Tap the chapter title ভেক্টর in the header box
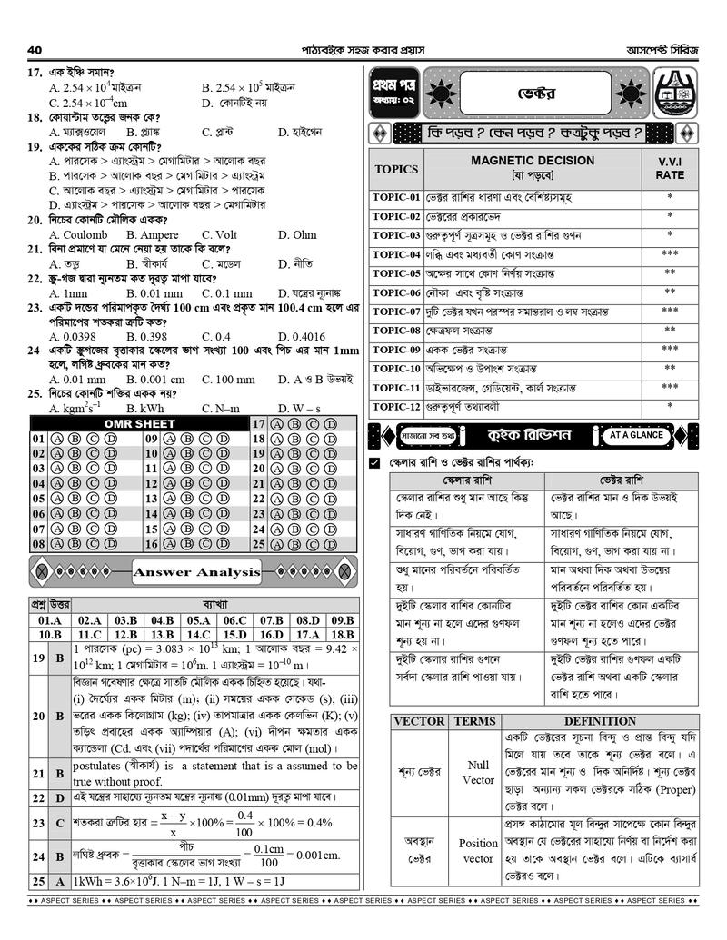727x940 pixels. click(536, 94)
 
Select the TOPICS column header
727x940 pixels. click(396, 169)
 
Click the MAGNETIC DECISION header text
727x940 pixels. click(533, 161)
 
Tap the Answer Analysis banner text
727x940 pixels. click(197, 572)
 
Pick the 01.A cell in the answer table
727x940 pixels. click(50, 620)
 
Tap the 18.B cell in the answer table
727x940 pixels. click(342, 635)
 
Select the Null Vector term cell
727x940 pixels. click(478, 772)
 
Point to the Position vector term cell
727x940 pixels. click(478, 850)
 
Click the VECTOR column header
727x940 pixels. click(419, 721)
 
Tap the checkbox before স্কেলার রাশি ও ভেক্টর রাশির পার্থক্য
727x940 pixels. click(374, 464)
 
